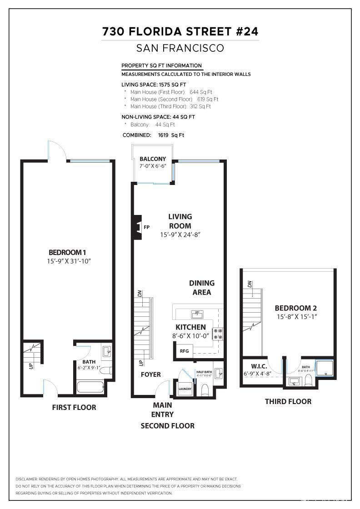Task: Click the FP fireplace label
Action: click(x=147, y=227)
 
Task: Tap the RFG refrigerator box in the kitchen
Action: click(x=184, y=351)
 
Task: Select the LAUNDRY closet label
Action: click(x=185, y=389)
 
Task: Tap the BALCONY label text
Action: click(x=153, y=159)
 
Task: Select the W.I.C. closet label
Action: click(x=259, y=366)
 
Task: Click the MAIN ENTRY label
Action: click(x=162, y=409)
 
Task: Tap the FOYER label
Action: click(x=150, y=374)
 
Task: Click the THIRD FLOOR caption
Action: click(x=288, y=401)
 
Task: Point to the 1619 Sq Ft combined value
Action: click(x=171, y=135)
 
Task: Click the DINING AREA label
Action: click(x=202, y=288)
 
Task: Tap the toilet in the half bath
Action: click(x=205, y=390)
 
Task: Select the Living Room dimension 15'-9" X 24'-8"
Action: click(x=180, y=235)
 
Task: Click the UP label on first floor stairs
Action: click(x=31, y=366)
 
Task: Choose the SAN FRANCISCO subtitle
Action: click(x=180, y=48)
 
